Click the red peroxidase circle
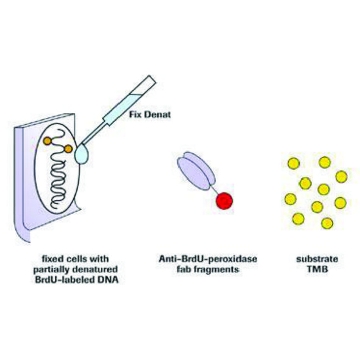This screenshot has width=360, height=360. pyautogui.click(x=224, y=201)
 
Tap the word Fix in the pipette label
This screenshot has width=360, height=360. pyautogui.click(x=136, y=116)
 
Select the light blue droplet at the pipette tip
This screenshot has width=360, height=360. pyautogui.click(x=81, y=155)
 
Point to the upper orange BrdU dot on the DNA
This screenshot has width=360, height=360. pyautogui.click(x=47, y=141)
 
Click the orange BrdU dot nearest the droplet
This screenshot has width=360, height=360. pyautogui.click(x=68, y=149)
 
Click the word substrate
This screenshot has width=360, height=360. pyautogui.click(x=312, y=259)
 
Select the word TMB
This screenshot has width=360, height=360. pyautogui.click(x=313, y=269)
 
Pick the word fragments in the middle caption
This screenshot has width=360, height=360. pyautogui.click(x=219, y=269)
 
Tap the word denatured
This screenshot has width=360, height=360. pyautogui.click(x=99, y=269)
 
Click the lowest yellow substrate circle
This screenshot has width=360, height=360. pyautogui.click(x=327, y=223)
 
